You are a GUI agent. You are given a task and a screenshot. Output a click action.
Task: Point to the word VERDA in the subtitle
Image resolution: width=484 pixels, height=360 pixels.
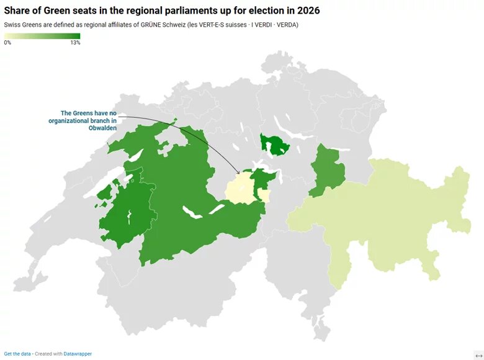(287, 25)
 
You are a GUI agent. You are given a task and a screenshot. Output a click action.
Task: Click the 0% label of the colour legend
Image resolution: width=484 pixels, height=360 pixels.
(7, 43)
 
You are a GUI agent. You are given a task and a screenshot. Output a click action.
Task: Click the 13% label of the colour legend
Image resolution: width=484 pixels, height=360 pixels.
(75, 43)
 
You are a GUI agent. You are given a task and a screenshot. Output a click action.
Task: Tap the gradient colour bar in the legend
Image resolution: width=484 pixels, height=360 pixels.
(42, 36)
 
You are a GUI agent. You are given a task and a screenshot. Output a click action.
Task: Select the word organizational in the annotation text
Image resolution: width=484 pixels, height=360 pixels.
(68, 120)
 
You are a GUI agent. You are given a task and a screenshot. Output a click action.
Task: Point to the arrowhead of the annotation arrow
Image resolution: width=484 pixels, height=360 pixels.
(240, 173)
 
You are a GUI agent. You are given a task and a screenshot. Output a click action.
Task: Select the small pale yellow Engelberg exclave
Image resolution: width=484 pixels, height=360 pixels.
(264, 196)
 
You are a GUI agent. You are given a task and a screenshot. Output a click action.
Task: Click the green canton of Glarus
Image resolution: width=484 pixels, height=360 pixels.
(323, 171)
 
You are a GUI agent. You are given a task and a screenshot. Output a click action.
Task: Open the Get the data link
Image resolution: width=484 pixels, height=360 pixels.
(17, 354)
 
